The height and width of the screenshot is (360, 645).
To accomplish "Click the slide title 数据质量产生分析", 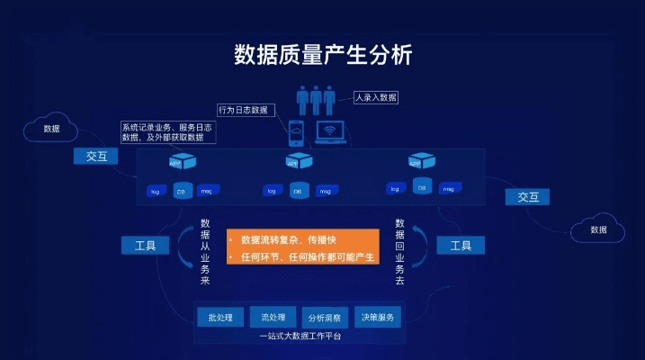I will pos(322,54).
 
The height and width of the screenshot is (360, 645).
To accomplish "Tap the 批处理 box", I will pos(220,317).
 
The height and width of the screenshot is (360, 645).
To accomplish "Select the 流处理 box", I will pos(273,317).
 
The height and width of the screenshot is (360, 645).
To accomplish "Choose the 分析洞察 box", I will pos(325,317).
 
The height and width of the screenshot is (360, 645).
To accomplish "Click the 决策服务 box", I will pos(377,317).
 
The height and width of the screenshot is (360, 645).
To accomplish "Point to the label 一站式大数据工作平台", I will pos(300,337).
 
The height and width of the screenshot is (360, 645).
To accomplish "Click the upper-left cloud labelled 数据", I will pos(51,129).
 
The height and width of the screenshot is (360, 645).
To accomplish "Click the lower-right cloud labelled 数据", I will pos(598,229).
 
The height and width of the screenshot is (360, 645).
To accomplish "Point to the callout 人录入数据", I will pos(374,96).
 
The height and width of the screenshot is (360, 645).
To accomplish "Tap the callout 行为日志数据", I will pos(243,110).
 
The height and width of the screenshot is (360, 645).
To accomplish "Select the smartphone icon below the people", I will pos(296,132).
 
